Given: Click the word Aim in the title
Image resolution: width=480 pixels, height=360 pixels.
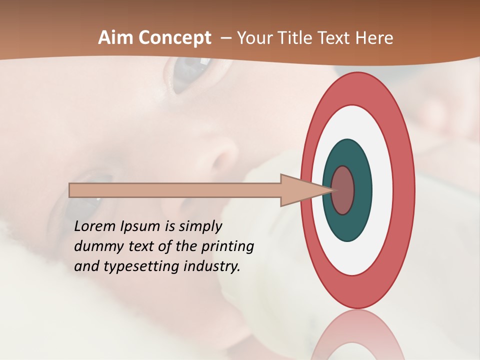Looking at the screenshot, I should (115, 38).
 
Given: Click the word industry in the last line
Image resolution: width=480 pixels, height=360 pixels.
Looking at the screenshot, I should (211, 266).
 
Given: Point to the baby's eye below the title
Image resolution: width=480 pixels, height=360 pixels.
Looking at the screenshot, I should (187, 75).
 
